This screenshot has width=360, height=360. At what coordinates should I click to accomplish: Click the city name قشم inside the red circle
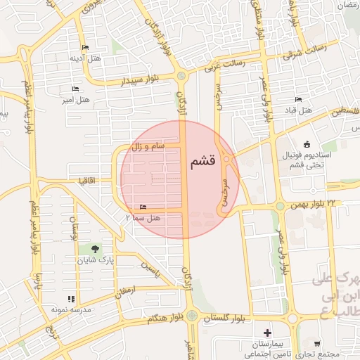coord(202,162)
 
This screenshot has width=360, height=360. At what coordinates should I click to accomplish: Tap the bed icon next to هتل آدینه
coord(85,48)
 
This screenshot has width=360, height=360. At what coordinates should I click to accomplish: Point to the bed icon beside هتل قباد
coord(298,99)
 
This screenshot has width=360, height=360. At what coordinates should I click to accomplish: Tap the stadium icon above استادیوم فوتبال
coord(307,143)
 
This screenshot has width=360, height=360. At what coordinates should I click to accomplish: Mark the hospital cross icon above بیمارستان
coord(266,332)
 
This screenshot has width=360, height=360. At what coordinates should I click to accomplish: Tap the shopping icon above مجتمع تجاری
coord(318,344)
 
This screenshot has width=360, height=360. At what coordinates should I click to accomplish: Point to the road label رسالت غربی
coord(224,65)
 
